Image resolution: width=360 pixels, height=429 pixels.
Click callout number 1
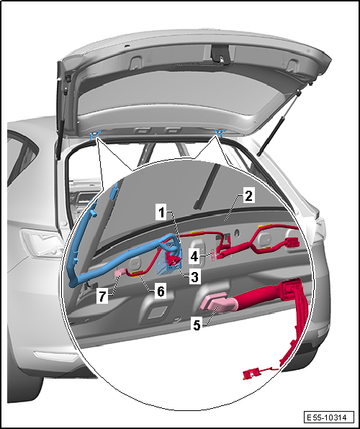[162, 212]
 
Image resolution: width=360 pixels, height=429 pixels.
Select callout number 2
[248, 196]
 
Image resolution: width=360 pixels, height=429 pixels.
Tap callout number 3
[194, 277]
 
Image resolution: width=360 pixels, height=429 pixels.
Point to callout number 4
[194, 257]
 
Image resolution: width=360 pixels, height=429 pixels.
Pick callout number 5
[197, 325]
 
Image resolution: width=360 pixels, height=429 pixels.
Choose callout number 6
[161, 291]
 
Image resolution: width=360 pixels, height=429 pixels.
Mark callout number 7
[102, 297]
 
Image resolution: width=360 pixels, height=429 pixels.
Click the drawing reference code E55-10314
[328, 417]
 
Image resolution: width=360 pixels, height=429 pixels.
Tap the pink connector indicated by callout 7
[120, 273]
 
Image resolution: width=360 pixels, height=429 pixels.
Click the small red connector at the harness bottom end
[251, 374]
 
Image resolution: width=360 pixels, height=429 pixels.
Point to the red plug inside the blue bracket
[173, 260]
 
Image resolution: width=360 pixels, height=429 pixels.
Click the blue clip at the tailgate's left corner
[95, 135]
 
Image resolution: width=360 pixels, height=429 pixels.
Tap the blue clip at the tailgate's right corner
[219, 132]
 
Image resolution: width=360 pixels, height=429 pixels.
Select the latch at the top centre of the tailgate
[220, 55]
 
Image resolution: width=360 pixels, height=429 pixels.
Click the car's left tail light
[42, 243]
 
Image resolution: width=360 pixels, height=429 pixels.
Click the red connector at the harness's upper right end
[292, 243]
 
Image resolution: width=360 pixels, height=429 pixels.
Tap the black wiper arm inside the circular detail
[207, 186]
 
